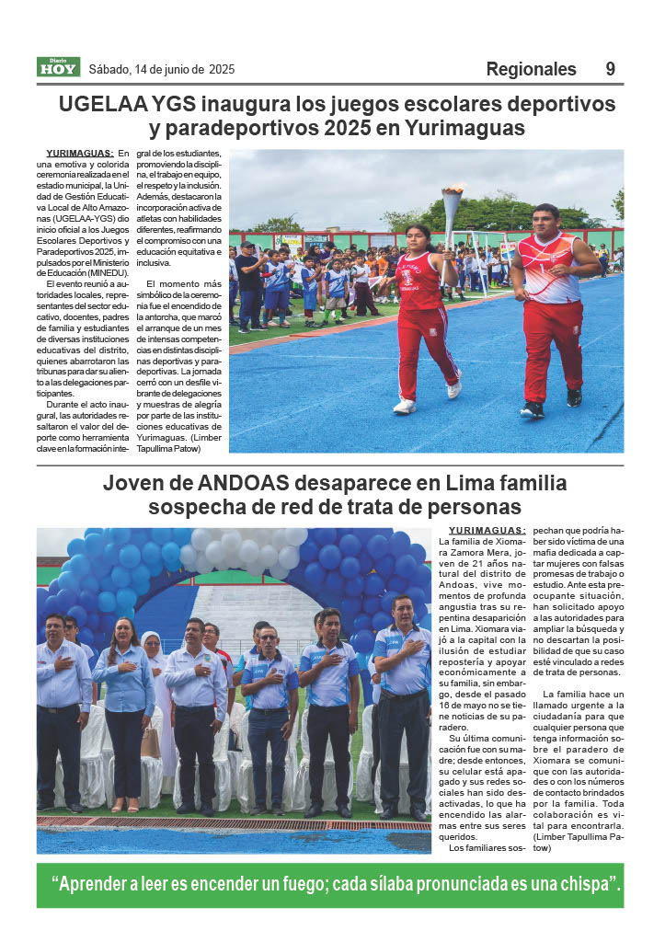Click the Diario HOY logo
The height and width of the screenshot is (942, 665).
58,67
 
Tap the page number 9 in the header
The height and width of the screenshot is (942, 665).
611,69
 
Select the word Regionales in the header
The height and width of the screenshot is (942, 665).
531,69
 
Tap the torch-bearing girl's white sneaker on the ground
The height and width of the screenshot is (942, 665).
405,406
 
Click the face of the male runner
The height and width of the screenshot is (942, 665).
545,222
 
